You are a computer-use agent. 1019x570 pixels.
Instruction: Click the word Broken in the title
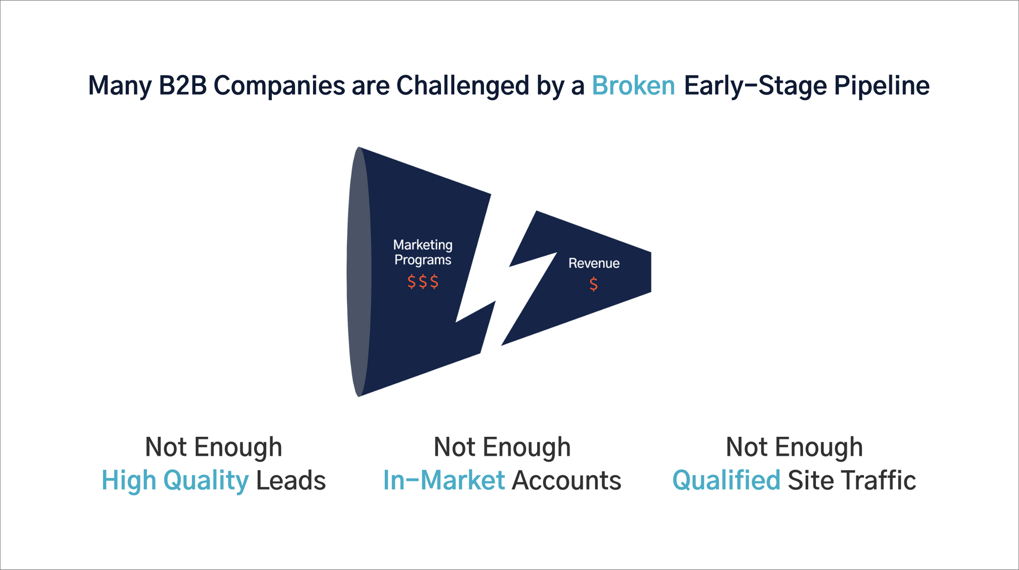[633, 85]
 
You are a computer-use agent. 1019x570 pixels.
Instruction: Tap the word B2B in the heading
[183, 85]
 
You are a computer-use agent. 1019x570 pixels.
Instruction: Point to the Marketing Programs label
[423, 253]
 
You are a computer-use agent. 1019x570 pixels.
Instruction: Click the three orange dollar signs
[423, 281]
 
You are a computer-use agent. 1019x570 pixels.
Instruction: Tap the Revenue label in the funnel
[594, 263]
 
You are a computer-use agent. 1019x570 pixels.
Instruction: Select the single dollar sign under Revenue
[593, 284]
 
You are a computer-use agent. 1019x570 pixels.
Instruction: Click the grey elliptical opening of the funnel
[359, 272]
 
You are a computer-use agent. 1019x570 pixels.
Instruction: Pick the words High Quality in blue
[175, 481]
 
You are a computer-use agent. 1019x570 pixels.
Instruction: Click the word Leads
[291, 480]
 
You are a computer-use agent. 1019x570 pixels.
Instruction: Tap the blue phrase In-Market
[444, 480]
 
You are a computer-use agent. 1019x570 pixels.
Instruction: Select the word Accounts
[567, 480]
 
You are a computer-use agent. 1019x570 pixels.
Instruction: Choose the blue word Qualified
[726, 480]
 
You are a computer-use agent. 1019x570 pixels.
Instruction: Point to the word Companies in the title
[279, 85]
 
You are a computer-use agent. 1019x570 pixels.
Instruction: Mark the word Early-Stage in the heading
[755, 85]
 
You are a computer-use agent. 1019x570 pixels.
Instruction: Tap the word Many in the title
[120, 85]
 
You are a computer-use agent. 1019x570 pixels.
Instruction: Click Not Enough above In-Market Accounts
[502, 447]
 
